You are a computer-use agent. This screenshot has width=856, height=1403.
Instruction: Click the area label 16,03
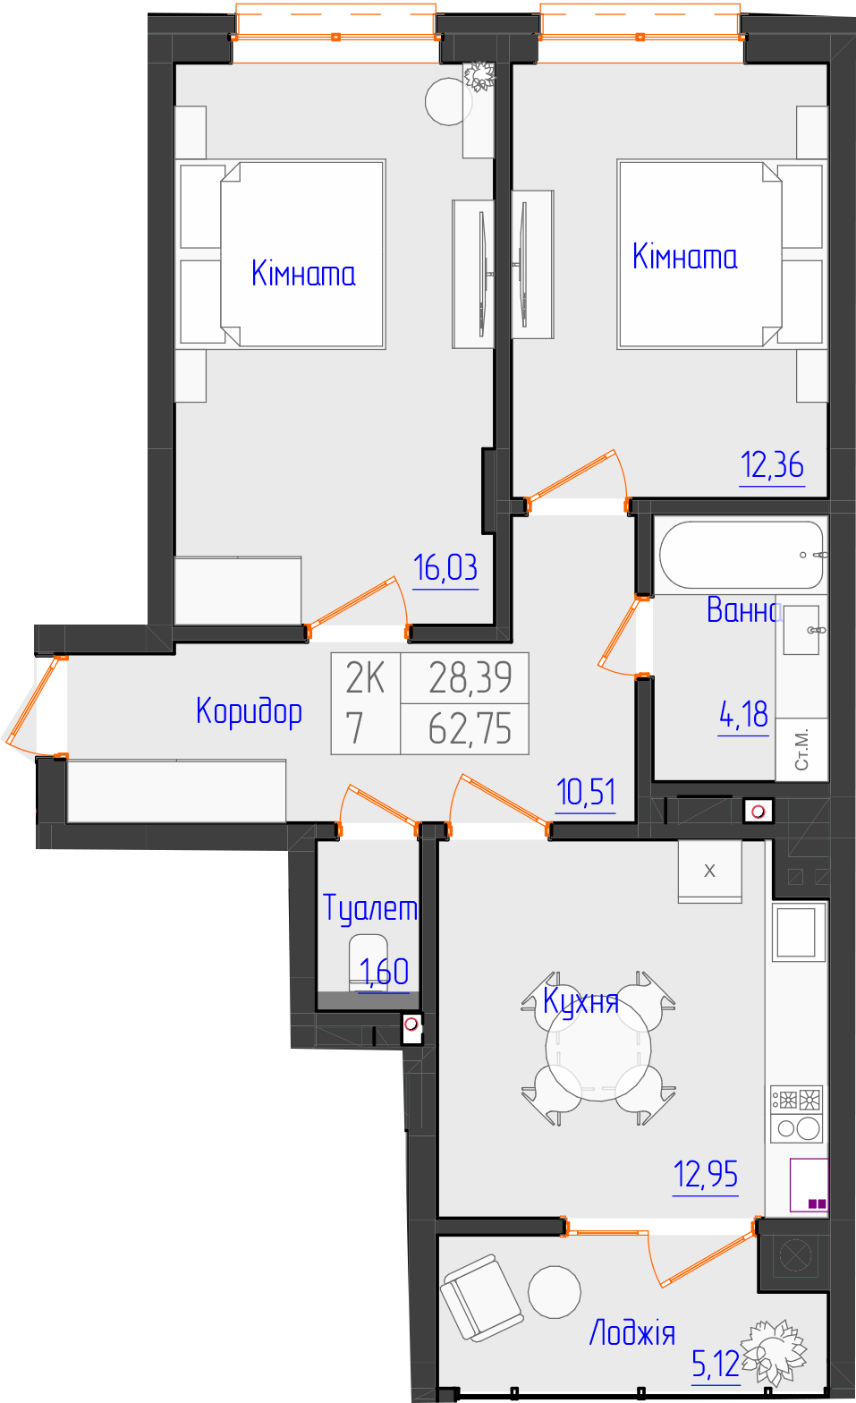click(445, 567)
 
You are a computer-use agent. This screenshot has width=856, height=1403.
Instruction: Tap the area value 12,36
click(772, 465)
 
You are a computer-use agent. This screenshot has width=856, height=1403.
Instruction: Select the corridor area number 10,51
click(586, 793)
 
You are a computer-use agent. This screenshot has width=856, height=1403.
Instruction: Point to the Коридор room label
click(250, 712)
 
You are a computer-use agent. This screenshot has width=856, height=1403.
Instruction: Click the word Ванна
click(744, 609)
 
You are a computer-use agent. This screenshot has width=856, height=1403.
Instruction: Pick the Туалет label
click(369, 908)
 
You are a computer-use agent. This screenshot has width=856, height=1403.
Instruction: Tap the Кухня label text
click(581, 1001)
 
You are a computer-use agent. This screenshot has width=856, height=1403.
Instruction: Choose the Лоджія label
click(632, 1332)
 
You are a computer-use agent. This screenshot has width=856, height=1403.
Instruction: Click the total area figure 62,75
click(470, 729)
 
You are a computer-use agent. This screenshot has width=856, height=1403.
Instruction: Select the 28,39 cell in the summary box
click(470, 677)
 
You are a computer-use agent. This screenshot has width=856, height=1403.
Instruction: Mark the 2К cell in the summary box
click(365, 677)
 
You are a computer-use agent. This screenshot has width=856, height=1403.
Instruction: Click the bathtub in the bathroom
click(742, 555)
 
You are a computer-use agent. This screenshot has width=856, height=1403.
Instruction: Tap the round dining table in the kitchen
click(598, 1048)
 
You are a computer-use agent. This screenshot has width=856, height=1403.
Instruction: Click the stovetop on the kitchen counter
click(796, 1114)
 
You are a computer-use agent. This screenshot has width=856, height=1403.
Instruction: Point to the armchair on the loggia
click(482, 1297)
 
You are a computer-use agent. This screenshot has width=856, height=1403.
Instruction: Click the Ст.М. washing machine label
click(802, 749)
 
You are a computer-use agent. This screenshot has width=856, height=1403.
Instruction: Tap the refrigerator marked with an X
click(710, 872)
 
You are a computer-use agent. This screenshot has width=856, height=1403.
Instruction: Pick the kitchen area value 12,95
click(706, 1174)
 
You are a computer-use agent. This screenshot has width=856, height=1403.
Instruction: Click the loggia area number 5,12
click(716, 1363)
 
